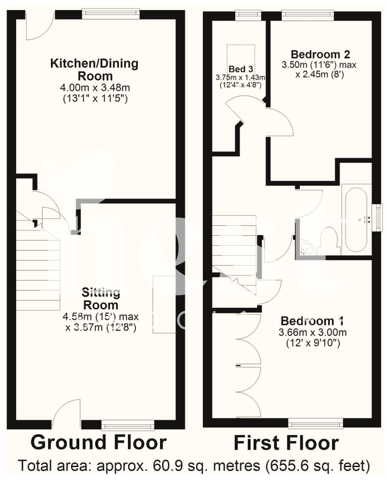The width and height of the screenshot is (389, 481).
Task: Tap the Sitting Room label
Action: [102, 298]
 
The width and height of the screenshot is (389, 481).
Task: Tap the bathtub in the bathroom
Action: [356, 221]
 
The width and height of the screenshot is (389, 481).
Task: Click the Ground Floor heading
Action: [98, 442]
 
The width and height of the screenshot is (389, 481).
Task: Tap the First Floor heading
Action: [286, 442]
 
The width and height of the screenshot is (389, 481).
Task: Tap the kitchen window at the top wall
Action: [111, 13]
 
